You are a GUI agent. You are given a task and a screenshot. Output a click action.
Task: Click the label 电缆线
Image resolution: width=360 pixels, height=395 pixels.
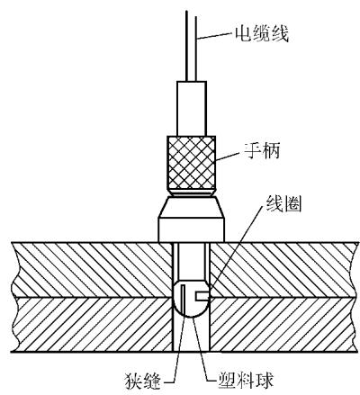point(262,34)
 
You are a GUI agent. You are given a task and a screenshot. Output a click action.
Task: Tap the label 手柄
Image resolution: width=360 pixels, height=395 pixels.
point(262,150)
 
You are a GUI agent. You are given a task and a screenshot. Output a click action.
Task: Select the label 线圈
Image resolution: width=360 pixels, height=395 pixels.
point(283,204)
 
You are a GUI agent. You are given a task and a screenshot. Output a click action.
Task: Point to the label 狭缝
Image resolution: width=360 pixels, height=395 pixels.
point(143,381)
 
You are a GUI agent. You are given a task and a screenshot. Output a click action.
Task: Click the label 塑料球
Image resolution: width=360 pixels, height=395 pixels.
point(246,380)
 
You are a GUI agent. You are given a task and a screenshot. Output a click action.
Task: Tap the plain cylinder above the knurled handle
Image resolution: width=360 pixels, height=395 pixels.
point(192,108)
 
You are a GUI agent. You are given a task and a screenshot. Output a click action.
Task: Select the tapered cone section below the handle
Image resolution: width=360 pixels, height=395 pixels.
point(192,207)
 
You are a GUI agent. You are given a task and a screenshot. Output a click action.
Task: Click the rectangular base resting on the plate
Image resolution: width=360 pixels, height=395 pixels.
point(192,229)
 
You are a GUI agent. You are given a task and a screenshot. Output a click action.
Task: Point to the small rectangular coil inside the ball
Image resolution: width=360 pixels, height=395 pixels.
point(202,296)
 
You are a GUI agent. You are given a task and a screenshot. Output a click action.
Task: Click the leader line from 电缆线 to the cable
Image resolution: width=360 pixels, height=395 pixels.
point(215,35)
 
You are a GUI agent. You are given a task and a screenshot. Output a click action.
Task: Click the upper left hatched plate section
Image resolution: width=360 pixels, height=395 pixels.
point(92,269)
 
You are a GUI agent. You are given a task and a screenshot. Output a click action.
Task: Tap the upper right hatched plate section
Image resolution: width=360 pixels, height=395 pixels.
point(284,269)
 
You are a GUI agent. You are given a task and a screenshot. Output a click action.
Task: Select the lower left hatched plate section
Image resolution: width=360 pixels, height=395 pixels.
point(93,324)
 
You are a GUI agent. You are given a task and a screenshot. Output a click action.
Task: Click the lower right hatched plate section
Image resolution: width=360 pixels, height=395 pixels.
point(284,324)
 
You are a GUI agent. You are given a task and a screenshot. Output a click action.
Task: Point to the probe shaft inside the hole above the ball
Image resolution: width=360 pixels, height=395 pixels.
point(192,262)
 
